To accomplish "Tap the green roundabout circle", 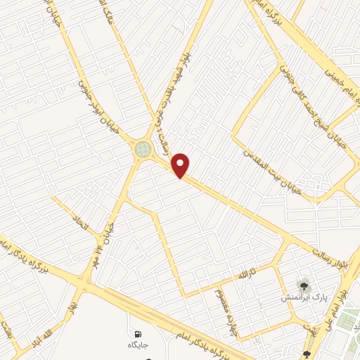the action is (x=143, y=149).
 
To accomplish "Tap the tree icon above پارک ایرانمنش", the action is (x=303, y=285).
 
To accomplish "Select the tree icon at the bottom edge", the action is (x=307, y=354).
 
